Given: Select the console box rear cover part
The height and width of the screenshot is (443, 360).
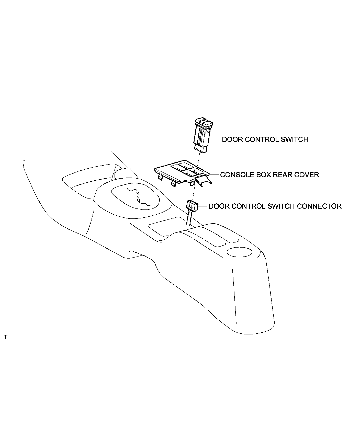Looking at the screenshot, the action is [x=183, y=174].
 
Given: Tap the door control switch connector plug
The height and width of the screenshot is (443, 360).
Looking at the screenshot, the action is [x=192, y=205].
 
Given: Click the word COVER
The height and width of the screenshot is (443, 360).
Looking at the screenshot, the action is [x=307, y=175].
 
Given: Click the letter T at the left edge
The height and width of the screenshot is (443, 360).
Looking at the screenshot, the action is [x=6, y=337].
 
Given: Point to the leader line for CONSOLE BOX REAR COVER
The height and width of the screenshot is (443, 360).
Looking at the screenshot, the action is [x=214, y=174].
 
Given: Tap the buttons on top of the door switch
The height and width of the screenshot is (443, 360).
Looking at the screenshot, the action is [x=204, y=122].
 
